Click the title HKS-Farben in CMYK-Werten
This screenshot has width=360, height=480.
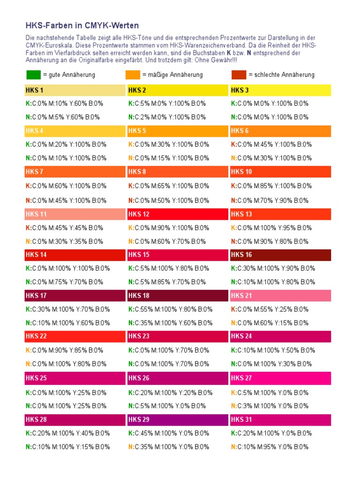[x=82, y=25]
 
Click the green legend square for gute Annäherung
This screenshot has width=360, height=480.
[x=33, y=75]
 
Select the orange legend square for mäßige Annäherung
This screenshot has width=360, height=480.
[x=133, y=75]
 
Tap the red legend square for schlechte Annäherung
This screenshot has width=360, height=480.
[x=239, y=75]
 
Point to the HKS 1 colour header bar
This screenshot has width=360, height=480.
[x=75, y=90]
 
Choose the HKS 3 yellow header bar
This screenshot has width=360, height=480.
[x=280, y=90]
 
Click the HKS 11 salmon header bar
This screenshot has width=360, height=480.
[x=75, y=214]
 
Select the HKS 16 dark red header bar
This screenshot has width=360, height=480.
[x=280, y=255]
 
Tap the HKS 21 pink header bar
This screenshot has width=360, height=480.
[x=280, y=296]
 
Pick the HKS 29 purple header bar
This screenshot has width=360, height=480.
[x=178, y=420]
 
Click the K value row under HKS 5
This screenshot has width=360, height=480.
[x=169, y=144]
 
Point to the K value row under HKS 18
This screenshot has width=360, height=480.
[x=170, y=309]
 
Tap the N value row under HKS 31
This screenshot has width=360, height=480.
[x=270, y=447]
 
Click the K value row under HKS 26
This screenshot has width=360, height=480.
[x=170, y=392]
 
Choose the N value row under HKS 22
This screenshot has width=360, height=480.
[x=66, y=364]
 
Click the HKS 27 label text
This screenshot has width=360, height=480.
[x=241, y=378]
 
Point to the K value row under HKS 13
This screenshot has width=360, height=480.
[x=271, y=228]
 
